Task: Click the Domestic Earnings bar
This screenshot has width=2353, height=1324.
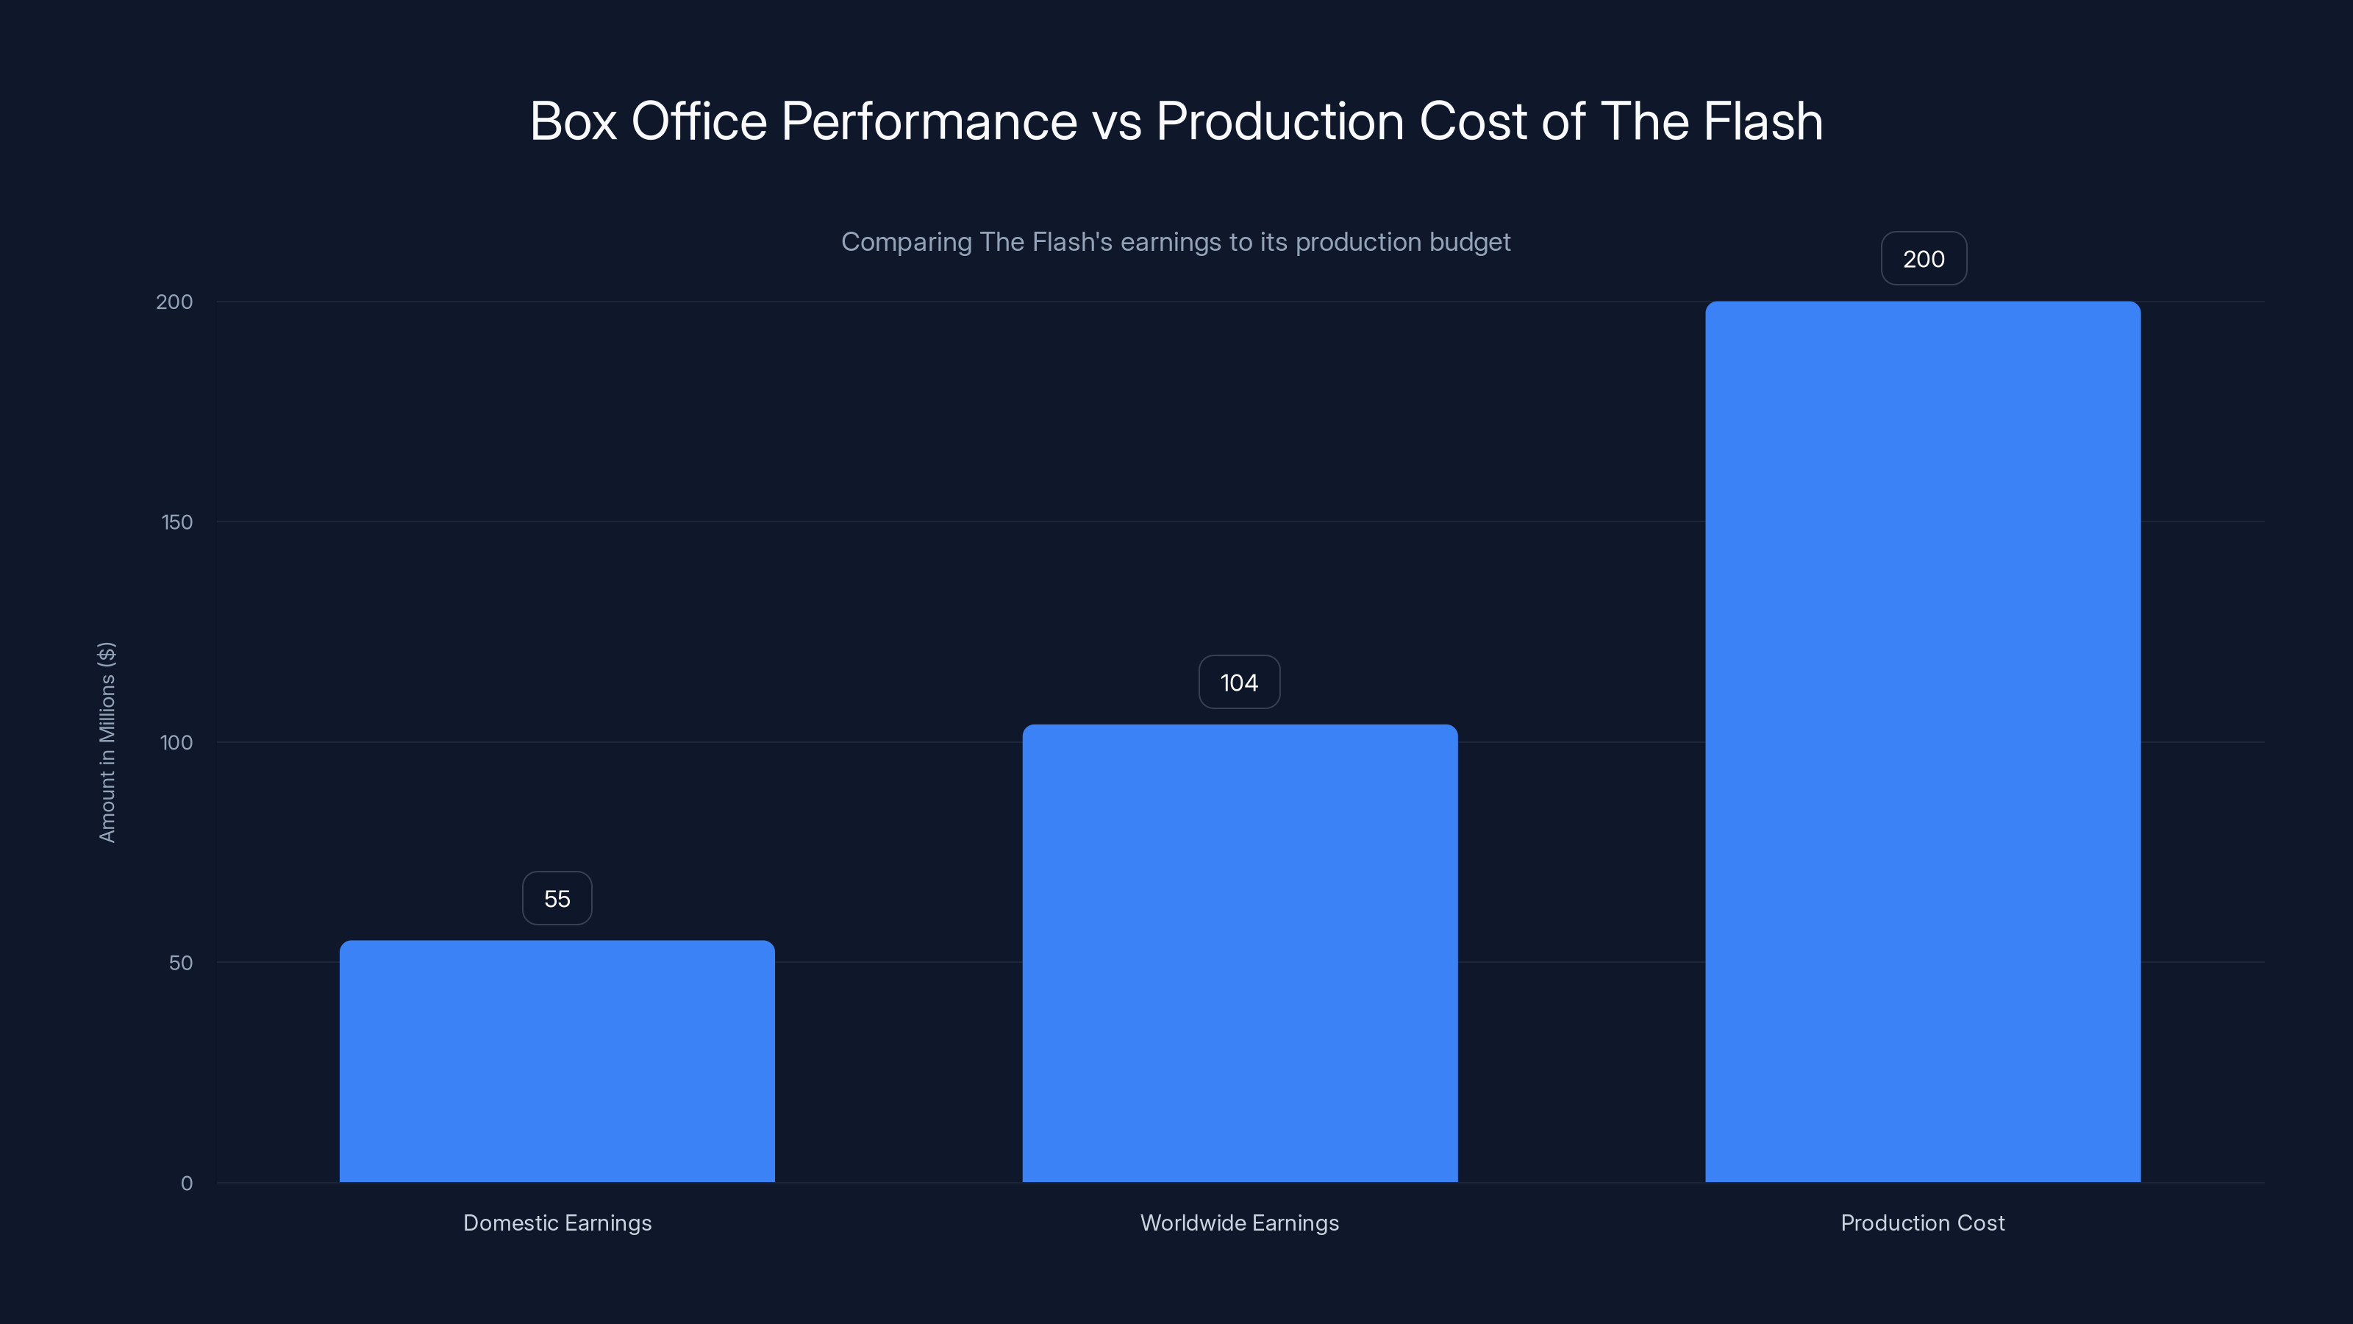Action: [557, 1061]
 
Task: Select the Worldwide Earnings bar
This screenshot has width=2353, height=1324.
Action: [1240, 953]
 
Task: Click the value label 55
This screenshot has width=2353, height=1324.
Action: [557, 899]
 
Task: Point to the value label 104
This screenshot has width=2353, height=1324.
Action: [1240, 683]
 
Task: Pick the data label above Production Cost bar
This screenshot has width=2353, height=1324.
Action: [1924, 260]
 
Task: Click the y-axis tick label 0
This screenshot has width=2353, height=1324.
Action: [186, 1184]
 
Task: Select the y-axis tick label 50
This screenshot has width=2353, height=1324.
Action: [181, 963]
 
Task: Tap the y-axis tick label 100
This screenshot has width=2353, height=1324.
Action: [176, 743]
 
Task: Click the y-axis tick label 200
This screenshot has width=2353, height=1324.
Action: [174, 302]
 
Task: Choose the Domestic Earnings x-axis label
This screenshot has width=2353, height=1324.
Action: [557, 1222]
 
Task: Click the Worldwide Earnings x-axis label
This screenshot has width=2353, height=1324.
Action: [1240, 1222]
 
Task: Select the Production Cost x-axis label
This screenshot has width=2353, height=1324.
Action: [1923, 1222]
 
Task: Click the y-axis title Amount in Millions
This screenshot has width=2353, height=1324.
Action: [107, 742]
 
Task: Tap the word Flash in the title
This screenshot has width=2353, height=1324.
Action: [1763, 121]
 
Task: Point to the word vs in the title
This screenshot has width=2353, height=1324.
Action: [1116, 121]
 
